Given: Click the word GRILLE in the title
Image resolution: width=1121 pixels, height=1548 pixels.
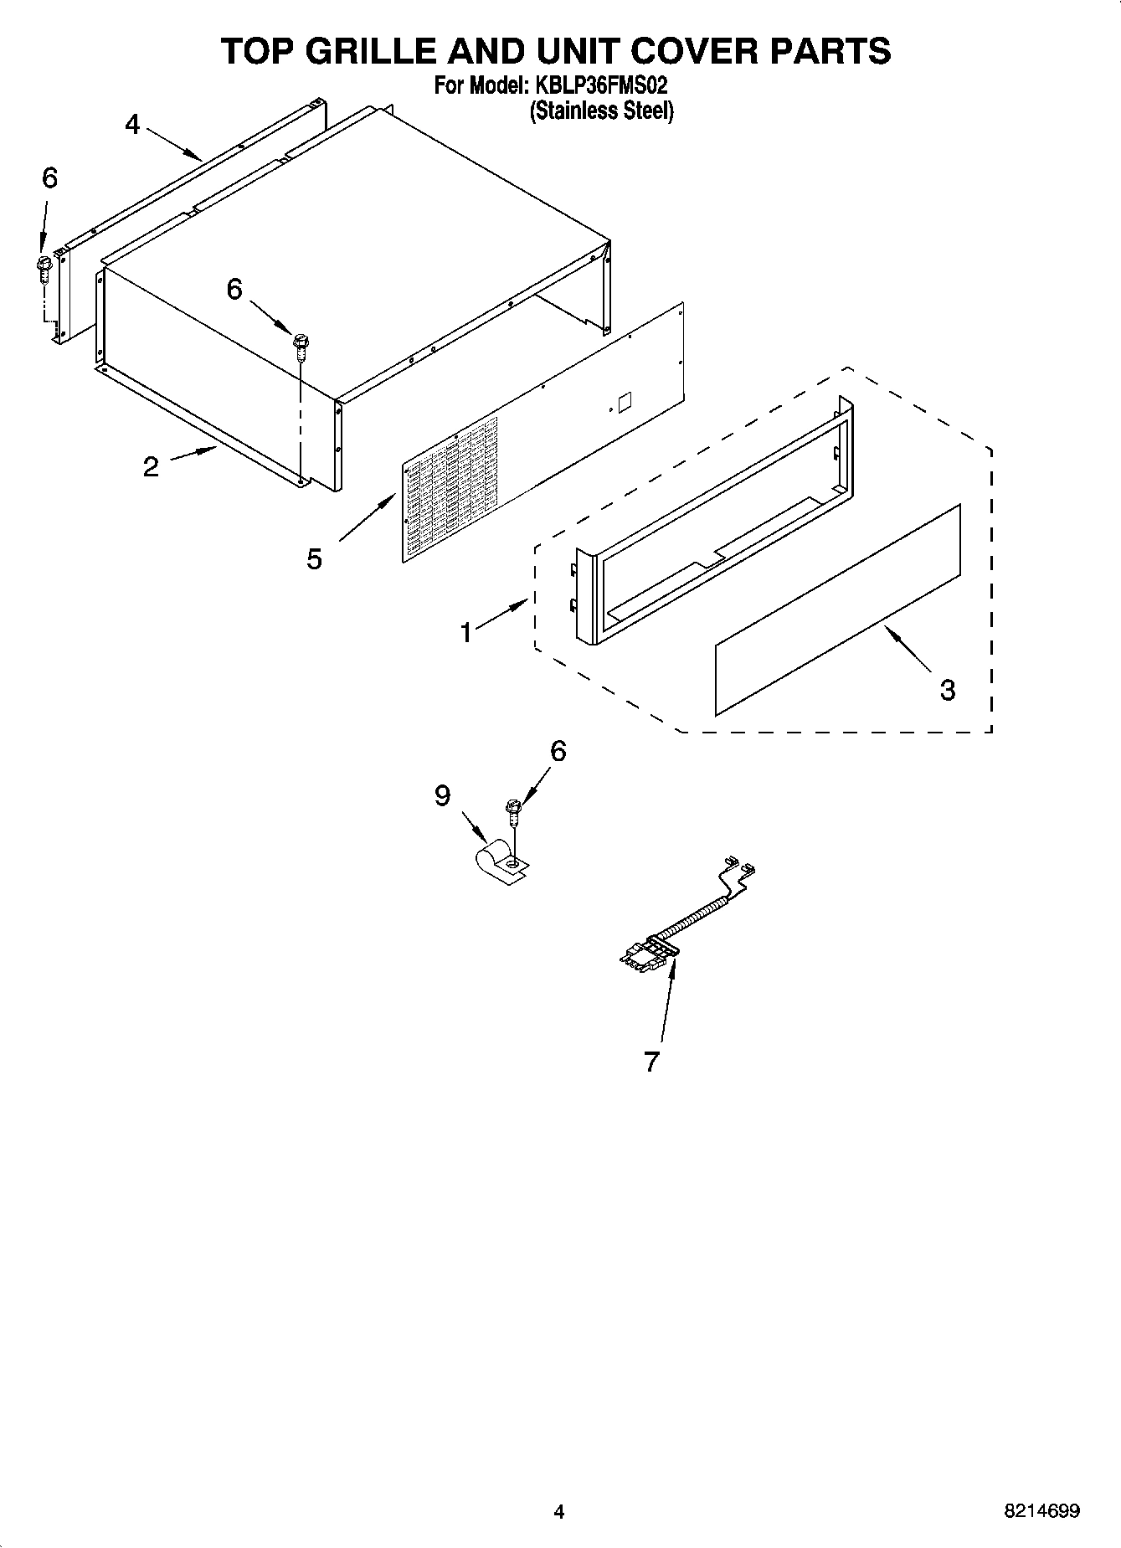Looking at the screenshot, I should coord(369,52).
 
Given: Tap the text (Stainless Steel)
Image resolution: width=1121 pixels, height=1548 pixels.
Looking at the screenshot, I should coord(601,111).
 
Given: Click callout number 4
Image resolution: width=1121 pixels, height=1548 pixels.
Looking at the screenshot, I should coord(132,125).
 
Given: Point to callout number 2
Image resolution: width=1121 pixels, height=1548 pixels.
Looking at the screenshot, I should coord(151,467).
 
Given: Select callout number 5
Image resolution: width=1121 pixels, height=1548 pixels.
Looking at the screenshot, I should coord(314,558).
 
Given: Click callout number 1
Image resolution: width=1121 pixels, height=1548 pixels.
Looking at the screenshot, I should coord(466,632).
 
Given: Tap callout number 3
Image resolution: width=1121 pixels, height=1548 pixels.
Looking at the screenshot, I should coord(947,691).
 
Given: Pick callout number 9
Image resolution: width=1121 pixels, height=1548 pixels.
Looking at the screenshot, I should coord(443,795).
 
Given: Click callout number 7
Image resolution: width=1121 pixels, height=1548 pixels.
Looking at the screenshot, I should coord(652,1061).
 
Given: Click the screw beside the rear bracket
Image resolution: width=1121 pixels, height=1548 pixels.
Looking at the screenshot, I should coord(44,270).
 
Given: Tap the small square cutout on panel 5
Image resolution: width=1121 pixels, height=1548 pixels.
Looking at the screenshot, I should coord(624,402).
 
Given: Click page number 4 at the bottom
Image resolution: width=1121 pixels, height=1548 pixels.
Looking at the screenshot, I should coord(559,1511).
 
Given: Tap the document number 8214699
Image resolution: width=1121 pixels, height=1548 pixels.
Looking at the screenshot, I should coord(1041,1511).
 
